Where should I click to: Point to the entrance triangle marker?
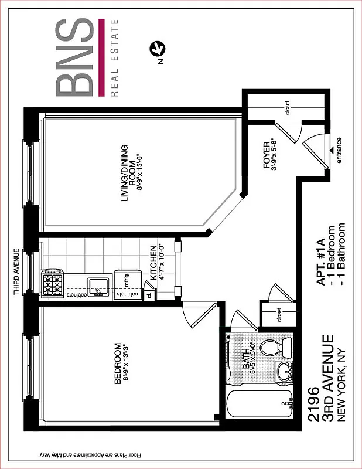click(x=332, y=151)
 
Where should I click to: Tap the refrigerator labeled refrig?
click(x=125, y=280)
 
